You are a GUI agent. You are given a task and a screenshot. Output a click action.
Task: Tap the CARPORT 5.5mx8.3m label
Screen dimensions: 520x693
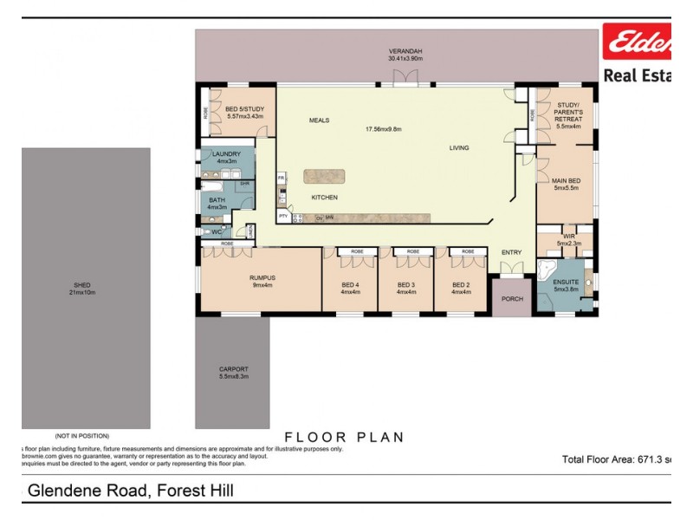coord(233,373)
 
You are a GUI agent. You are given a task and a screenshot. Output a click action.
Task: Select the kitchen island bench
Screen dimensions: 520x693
coord(324,177)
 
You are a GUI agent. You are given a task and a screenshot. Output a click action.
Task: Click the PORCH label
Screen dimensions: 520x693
coord(513,299)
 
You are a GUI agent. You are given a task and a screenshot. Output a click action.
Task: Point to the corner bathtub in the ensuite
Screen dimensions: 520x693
coord(549,270)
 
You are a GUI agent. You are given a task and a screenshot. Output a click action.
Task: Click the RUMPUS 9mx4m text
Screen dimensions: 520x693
coord(261,282)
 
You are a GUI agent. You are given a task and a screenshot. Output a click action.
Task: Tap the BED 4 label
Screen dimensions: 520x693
coord(350,289)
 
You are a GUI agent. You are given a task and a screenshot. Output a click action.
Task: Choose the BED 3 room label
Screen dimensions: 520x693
coord(406,289)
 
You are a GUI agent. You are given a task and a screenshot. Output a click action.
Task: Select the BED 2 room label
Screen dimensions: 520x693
coord(461,289)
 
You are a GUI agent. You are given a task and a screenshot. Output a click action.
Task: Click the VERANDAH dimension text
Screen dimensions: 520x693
coord(405,59)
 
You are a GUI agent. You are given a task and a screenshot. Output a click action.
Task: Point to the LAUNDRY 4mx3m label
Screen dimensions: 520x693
coord(227,157)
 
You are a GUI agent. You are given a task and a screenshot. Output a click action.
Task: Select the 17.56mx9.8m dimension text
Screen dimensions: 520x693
coord(385,129)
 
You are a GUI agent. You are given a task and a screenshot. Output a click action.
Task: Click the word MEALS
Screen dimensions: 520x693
coord(319,120)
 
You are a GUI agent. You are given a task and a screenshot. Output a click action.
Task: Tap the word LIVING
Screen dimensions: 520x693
coord(458,147)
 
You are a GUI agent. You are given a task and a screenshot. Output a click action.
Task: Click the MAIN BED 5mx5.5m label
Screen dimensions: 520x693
coord(566,184)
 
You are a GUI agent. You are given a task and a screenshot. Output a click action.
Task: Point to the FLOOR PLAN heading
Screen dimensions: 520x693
coord(344,437)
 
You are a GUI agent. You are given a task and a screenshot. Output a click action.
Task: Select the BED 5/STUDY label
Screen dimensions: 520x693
coord(244,112)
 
